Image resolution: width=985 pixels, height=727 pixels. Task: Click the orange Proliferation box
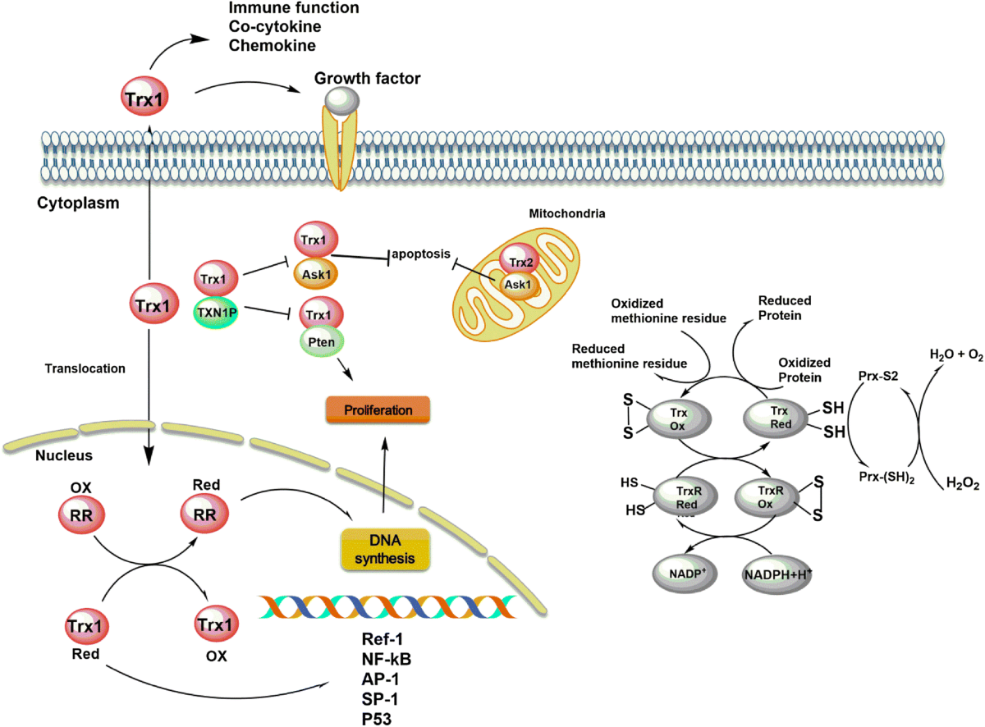[379, 409]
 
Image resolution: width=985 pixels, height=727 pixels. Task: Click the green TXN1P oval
[215, 312]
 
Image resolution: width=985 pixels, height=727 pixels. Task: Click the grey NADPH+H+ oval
[776, 572]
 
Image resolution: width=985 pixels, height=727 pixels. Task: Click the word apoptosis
[421, 254]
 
